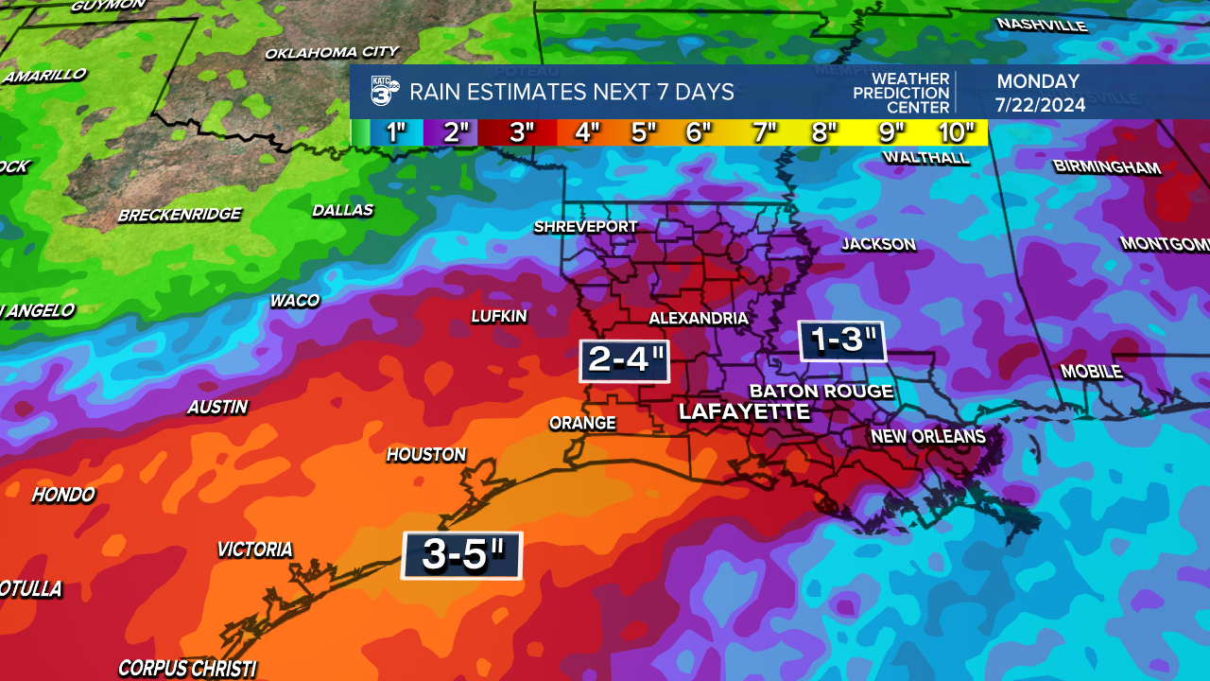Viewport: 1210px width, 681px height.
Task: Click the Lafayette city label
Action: [744, 412]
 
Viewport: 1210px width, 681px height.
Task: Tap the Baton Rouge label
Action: [821, 391]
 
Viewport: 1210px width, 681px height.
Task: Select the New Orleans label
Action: [927, 436]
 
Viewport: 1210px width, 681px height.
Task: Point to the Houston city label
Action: [426, 455]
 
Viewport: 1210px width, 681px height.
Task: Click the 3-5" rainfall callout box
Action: [462, 555]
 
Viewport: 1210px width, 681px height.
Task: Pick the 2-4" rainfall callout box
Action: [624, 360]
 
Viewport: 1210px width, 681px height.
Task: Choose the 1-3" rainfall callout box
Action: [841, 340]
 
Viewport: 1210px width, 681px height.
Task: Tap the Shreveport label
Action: [585, 227]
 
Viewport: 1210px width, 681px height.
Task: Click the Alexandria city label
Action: [698, 319]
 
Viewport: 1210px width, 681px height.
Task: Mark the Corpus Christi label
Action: [187, 669]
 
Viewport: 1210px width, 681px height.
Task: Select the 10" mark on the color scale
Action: [957, 132]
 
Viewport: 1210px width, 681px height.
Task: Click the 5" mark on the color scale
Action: [644, 132]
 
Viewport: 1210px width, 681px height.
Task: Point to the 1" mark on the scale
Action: [396, 132]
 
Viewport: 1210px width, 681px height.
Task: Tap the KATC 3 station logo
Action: [385, 91]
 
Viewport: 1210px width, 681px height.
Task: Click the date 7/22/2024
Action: [1040, 104]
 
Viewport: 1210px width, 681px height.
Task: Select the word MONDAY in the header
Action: [1037, 81]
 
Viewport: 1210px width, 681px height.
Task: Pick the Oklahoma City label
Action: [331, 53]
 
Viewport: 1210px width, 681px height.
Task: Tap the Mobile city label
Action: [1091, 372]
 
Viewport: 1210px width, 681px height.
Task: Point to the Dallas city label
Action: [342, 210]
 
